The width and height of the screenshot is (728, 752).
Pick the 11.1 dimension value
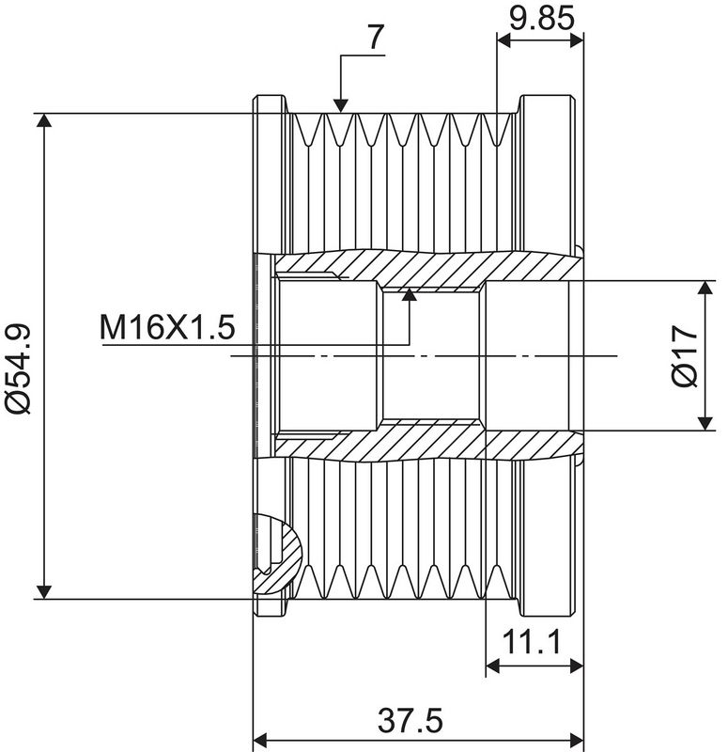click(x=531, y=644)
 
